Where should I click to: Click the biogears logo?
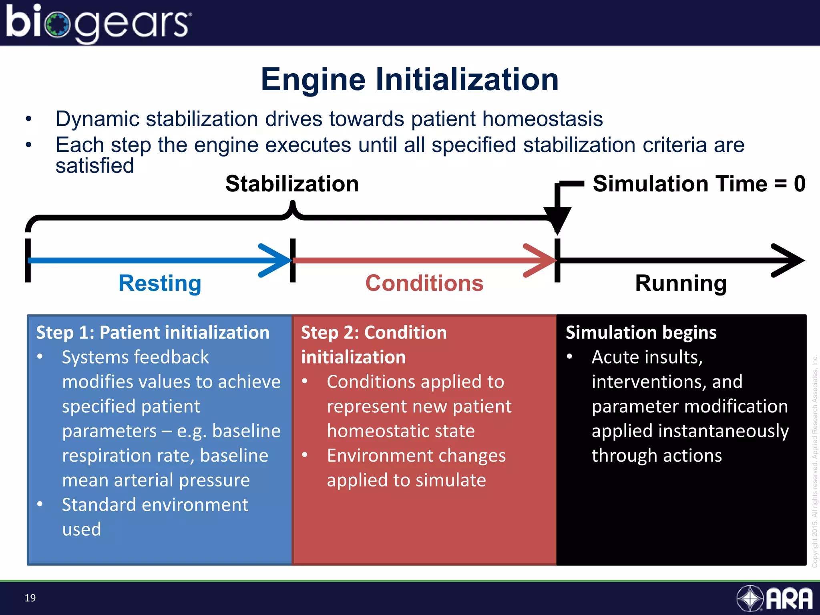click(x=98, y=23)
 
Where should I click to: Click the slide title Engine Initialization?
click(x=409, y=79)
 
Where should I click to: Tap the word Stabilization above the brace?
click(x=292, y=184)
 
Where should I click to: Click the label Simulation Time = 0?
click(x=699, y=184)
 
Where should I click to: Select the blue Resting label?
click(x=160, y=283)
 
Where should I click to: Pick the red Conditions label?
click(x=424, y=283)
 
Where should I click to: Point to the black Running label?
click(x=681, y=283)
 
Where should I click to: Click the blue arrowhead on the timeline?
click(x=276, y=260)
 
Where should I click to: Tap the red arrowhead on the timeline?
click(x=541, y=260)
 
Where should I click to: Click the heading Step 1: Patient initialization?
click(x=153, y=333)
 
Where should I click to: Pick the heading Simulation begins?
click(x=641, y=333)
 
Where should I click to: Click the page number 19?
click(x=30, y=598)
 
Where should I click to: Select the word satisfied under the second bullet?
click(x=94, y=166)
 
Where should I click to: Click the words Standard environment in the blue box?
click(x=155, y=504)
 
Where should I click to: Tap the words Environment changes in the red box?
click(x=416, y=456)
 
